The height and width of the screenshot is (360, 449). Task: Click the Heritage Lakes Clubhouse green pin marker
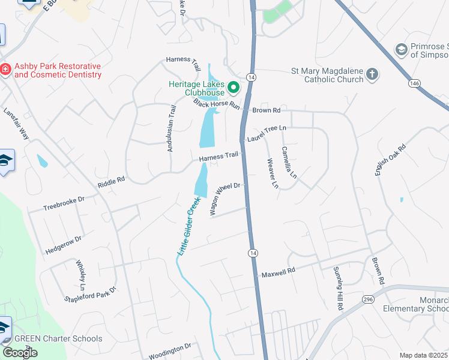tap(233, 89)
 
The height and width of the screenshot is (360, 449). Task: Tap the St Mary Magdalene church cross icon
tap(372, 74)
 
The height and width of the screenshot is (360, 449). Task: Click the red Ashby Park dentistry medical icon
tap(5, 70)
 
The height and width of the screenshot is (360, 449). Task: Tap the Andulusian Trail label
tap(171, 127)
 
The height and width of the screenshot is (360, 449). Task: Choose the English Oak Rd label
tap(390, 160)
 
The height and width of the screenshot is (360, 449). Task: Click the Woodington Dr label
tap(169, 347)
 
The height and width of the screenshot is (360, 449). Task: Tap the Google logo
tap(20, 353)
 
